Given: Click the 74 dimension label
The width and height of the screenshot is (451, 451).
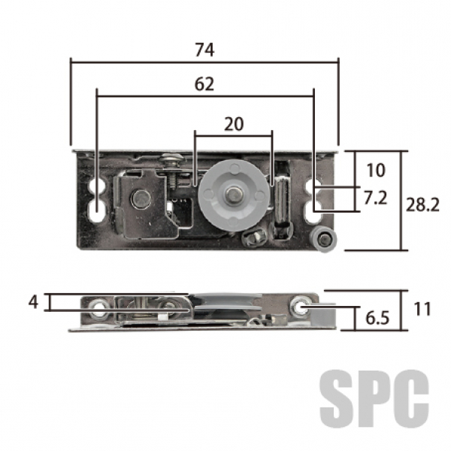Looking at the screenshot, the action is (x=204, y=50).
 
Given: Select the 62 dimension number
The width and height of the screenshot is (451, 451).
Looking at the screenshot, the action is (x=204, y=84).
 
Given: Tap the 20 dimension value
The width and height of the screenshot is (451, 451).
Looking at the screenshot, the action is (x=234, y=124).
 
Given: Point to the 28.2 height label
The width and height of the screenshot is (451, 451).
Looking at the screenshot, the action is (x=422, y=205).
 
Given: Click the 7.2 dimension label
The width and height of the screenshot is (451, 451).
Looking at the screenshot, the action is (x=375, y=198).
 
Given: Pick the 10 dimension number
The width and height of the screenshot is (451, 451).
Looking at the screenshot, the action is (x=376, y=171).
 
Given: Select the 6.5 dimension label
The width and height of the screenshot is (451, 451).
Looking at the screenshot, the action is (x=377, y=318).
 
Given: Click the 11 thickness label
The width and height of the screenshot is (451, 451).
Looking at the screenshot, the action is (x=422, y=309).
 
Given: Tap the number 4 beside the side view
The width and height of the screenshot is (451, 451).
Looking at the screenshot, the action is (x=33, y=302).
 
